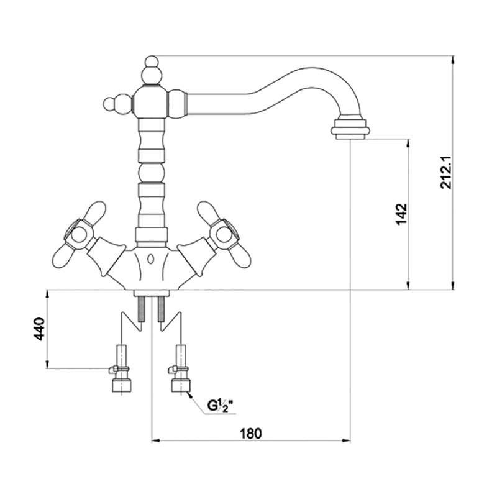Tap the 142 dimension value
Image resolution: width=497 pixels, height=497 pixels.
click(x=401, y=214)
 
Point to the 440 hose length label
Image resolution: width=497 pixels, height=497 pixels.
click(x=39, y=329)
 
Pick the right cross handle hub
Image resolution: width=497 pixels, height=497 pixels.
click(x=221, y=234)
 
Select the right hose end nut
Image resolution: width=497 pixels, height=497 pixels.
click(x=181, y=386)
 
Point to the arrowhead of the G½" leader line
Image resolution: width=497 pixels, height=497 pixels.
click(x=188, y=393)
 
